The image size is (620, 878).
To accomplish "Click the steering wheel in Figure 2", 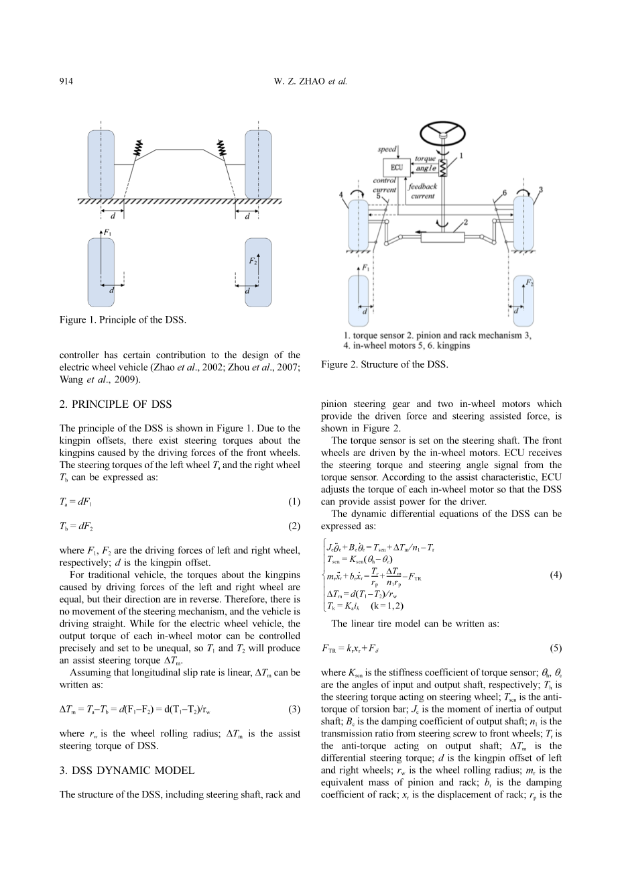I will tap(442, 131).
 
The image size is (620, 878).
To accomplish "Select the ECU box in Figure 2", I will tap(395, 166).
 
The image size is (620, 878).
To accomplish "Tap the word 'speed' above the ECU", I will tap(387, 149).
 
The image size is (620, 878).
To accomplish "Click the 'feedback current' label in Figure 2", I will tap(422, 191).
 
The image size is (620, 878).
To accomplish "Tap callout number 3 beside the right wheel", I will tap(540, 190).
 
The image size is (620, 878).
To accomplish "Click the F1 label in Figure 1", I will tap(107, 233).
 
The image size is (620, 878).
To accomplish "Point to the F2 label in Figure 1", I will tap(253, 261).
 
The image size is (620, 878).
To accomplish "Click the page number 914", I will tap(66, 82).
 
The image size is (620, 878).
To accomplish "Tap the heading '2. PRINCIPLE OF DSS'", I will tap(115, 404).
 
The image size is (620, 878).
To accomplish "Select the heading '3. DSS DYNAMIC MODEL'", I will tap(127, 770).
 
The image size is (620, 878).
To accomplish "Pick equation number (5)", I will tap(556, 649).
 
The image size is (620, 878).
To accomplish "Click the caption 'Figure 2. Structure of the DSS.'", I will tap(384, 364).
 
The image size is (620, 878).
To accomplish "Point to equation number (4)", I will tap(556, 575).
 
